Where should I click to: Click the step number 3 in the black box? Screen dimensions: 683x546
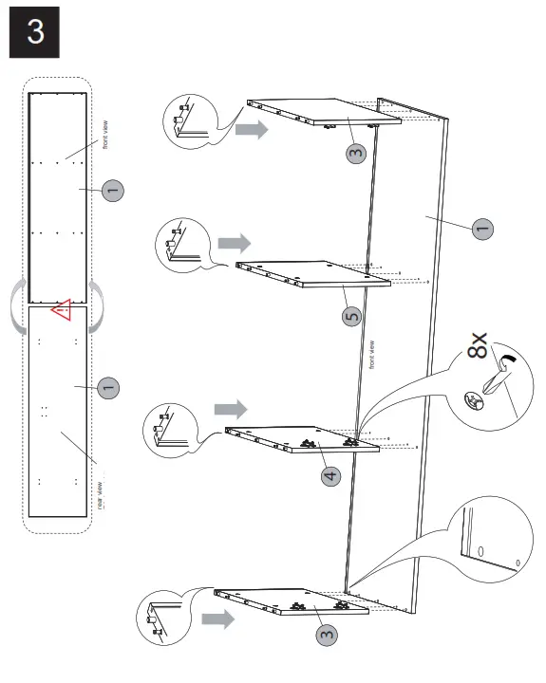(35, 32)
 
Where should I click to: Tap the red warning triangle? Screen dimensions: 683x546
(63, 310)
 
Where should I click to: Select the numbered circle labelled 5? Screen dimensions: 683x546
(352, 316)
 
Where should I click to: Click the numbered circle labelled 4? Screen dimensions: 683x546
(329, 474)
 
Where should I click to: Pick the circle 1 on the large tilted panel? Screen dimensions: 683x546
(482, 228)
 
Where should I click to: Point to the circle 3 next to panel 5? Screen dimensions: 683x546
(355, 154)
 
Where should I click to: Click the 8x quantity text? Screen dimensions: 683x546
(479, 347)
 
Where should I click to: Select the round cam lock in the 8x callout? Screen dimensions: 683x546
(472, 401)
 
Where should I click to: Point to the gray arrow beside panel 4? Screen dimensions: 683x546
(229, 408)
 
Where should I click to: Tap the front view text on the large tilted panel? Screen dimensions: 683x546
(371, 354)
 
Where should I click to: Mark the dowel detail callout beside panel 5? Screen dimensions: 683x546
(179, 244)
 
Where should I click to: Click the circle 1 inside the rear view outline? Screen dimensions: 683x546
(107, 386)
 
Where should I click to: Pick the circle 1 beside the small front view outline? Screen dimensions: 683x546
(112, 191)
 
